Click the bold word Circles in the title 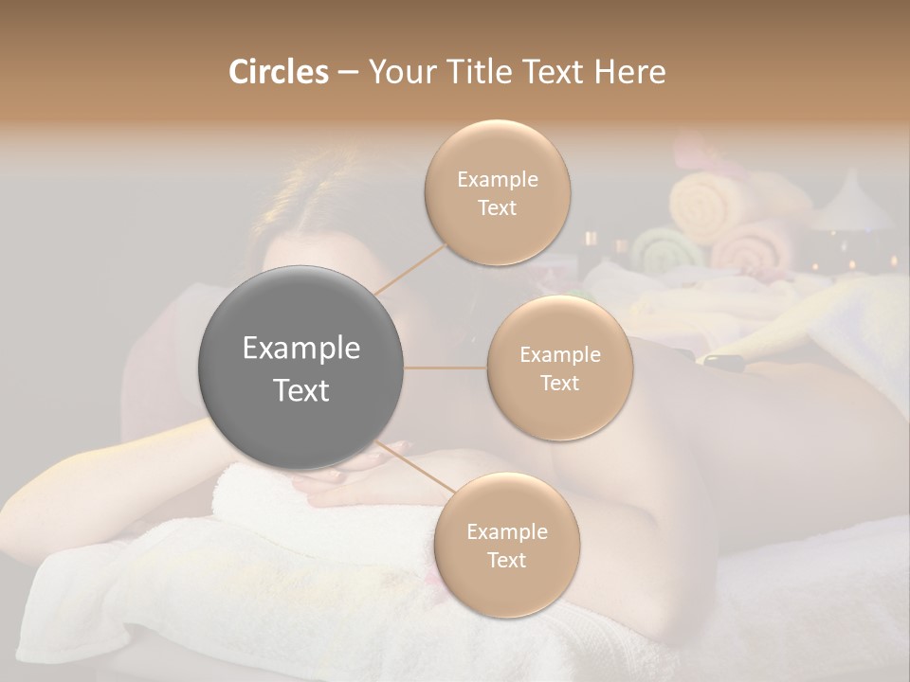coord(278,72)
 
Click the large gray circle coord(301,368)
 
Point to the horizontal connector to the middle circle coord(446,368)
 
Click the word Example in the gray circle coord(301,349)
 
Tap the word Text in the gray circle coord(301,390)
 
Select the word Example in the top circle coord(498,179)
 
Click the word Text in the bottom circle coord(506,560)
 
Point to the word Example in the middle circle coord(560,355)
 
